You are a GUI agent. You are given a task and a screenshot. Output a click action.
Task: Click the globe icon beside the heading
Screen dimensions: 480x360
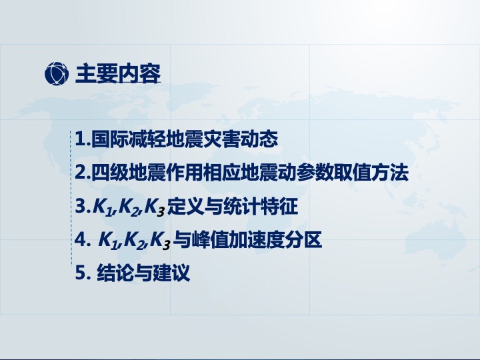57,73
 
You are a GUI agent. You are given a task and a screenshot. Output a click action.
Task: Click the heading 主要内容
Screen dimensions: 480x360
118,73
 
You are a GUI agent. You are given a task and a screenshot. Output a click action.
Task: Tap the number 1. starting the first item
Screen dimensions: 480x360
83,139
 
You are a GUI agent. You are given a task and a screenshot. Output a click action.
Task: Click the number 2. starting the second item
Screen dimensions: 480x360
83,173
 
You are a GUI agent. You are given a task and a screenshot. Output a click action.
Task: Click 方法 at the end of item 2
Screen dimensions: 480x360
390,173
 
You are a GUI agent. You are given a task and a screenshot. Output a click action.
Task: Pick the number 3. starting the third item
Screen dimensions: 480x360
83,206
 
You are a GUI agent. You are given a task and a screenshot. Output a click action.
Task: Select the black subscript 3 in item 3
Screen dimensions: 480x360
161,212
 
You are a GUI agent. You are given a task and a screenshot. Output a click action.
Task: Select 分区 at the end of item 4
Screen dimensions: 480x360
303,240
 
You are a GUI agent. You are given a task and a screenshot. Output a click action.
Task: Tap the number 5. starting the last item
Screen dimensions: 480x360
83,273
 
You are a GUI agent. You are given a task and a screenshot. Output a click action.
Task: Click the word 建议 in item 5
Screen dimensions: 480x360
171,273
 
